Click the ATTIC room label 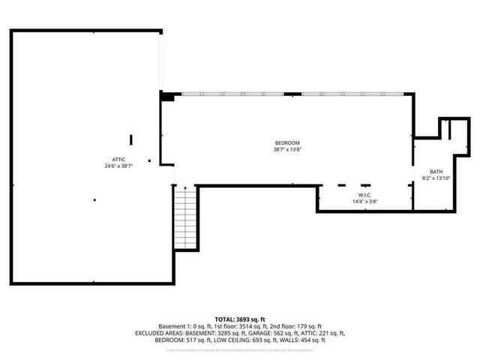[x=118, y=160]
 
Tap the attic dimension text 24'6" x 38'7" [x=118, y=166]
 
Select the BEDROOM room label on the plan [x=286, y=143]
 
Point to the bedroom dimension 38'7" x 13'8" [x=286, y=150]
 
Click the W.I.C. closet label [x=365, y=195]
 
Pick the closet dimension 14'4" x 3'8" [x=365, y=202]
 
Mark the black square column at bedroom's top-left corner [x=169, y=95]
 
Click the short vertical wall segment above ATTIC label [x=132, y=140]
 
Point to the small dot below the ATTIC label [x=95, y=199]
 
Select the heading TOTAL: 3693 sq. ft [x=239, y=319]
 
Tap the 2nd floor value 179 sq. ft [x=309, y=326]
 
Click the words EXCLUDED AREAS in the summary [x=158, y=333]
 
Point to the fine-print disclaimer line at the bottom [x=239, y=349]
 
